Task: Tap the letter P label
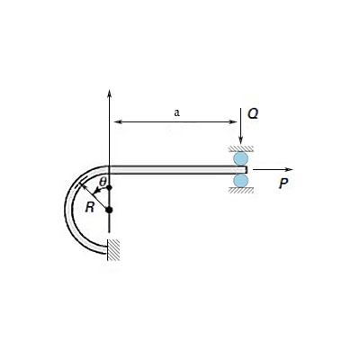[284, 183]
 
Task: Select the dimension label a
[176, 113]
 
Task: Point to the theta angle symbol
[103, 182]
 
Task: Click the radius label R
[90, 206]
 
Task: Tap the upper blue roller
[241, 159]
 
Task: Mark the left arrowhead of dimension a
[113, 121]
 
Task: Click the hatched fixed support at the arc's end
[114, 249]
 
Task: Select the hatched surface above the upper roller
[241, 148]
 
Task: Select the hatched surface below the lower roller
[241, 191]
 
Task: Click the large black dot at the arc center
[109, 211]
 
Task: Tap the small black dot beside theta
[108, 188]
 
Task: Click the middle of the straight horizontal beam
[171, 168]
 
